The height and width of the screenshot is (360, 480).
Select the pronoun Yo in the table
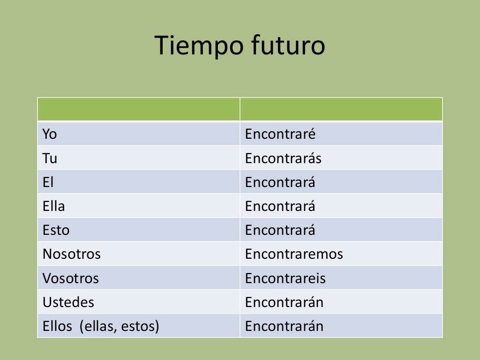[49, 135]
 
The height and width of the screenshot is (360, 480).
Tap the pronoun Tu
[50, 158]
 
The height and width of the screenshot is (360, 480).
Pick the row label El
[48, 182]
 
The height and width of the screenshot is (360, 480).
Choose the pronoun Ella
[53, 206]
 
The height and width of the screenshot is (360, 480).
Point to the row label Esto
[56, 230]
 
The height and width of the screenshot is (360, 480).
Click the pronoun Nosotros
[71, 255]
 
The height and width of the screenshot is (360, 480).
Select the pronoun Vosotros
[70, 278]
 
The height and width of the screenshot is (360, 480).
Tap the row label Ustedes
[68, 302]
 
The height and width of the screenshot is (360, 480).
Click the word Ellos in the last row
[57, 326]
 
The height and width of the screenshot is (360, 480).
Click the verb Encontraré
[280, 135]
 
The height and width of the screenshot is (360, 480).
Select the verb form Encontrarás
[283, 158]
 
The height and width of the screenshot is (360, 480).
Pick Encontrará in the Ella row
[280, 206]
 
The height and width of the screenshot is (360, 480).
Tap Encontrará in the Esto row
[280, 230]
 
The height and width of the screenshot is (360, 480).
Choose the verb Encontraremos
[294, 255]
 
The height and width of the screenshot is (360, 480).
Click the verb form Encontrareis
[285, 278]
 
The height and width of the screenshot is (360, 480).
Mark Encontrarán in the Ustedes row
[284, 302]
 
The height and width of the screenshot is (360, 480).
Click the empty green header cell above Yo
[138, 109]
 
